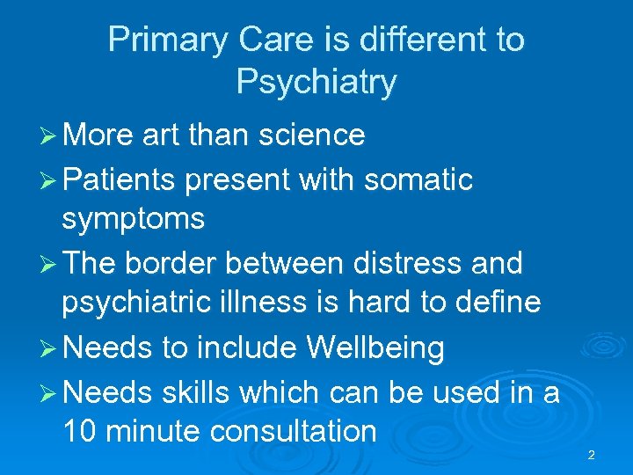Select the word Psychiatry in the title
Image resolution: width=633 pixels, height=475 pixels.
[x=316, y=83]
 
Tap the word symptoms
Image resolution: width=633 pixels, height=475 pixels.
[x=133, y=219]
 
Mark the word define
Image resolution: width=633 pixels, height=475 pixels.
[x=499, y=302]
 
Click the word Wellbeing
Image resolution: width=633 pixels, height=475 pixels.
[x=375, y=348]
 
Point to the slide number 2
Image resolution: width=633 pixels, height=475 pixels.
[x=591, y=455]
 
